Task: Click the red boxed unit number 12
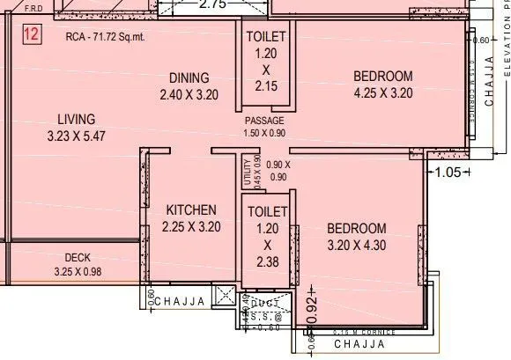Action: [x=30, y=36]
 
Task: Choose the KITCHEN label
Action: [x=191, y=210]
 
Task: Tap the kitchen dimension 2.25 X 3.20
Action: [x=191, y=226]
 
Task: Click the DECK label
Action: [x=78, y=258]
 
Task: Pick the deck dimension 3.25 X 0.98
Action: [x=78, y=271]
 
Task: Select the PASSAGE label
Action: [x=264, y=121]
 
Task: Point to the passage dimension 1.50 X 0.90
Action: [x=264, y=133]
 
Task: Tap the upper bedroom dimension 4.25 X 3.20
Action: [x=383, y=92]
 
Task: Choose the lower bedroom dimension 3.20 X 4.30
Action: [x=356, y=245]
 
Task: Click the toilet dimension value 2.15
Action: [x=265, y=86]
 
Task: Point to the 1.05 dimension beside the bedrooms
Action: [x=448, y=173]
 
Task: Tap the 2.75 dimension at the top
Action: [x=214, y=4]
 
